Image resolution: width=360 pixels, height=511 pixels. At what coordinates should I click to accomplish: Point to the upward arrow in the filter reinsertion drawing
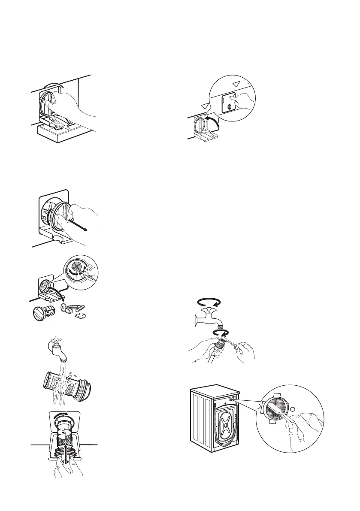point(66,459)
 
